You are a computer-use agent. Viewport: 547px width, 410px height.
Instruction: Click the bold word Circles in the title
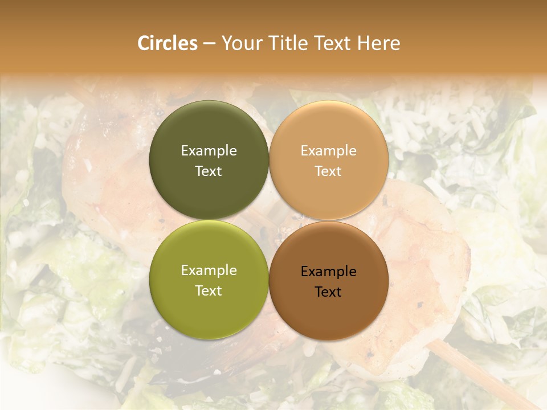pos(168,43)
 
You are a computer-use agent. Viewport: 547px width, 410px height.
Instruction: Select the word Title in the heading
pos(287,43)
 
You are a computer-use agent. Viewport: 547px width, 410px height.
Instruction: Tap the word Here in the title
pos(378,43)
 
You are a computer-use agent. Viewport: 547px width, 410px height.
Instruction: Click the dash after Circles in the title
pos(209,44)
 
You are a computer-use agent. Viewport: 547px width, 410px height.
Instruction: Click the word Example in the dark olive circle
pos(209,150)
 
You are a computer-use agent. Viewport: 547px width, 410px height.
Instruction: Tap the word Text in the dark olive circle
pos(209,171)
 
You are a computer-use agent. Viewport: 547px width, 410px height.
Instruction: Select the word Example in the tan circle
pos(329,150)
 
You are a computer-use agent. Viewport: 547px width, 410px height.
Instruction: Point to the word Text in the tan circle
pos(329,171)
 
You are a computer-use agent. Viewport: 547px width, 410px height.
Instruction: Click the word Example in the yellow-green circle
pos(209,270)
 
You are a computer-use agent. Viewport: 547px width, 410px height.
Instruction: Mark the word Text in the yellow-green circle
pos(209,290)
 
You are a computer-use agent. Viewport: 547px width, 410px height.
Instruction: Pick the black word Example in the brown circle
pos(329,271)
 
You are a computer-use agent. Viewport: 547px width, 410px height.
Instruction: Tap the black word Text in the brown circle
pos(329,292)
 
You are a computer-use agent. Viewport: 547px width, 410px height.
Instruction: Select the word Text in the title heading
pos(332,43)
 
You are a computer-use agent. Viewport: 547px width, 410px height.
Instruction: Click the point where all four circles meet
pos(269,220)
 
